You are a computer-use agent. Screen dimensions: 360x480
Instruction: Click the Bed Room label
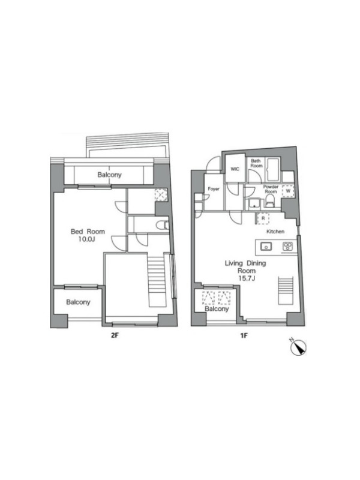click(88, 232)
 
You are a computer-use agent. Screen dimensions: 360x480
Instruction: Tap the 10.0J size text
click(86, 239)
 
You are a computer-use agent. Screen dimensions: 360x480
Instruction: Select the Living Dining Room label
click(245, 267)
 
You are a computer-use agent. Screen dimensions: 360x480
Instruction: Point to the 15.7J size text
click(247, 278)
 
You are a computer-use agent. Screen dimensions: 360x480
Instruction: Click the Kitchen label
click(275, 232)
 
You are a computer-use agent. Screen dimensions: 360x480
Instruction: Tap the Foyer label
click(214, 189)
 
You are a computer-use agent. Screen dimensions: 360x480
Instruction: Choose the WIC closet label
click(235, 169)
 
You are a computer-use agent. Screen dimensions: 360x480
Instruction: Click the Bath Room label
click(256, 163)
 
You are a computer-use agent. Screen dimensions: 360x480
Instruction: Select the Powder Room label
click(271, 189)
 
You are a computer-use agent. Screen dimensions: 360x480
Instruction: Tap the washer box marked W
click(288, 191)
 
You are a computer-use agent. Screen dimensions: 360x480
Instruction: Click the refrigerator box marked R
click(263, 218)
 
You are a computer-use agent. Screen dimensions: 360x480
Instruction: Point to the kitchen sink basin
click(266, 246)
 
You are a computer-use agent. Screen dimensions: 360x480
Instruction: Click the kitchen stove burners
click(287, 246)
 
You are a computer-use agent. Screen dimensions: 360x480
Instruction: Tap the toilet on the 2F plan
click(162, 226)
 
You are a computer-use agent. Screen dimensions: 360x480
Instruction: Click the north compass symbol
click(298, 347)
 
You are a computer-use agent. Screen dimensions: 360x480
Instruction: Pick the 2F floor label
click(114, 335)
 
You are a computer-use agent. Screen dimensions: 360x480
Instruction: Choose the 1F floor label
click(244, 336)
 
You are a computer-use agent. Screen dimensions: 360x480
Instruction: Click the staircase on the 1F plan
click(286, 290)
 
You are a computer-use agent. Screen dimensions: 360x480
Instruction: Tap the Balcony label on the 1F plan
click(217, 308)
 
